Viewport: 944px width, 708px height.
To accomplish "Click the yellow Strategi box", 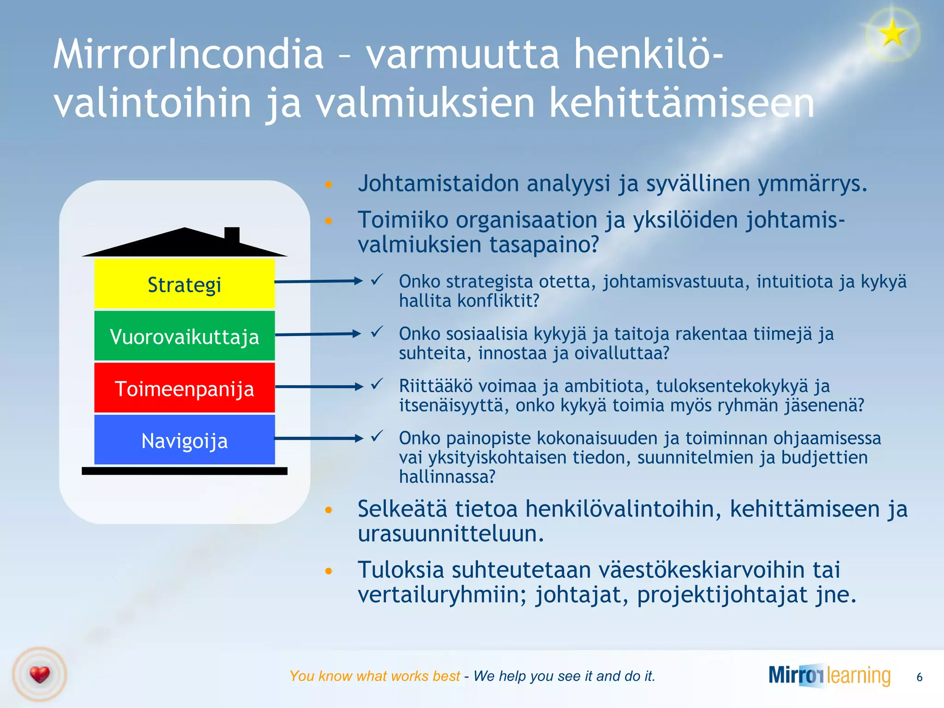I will point(184,283).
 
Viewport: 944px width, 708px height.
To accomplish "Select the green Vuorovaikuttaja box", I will point(184,336).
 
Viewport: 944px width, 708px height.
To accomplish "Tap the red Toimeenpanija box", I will point(184,388).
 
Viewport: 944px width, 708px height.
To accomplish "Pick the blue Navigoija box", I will point(184,440).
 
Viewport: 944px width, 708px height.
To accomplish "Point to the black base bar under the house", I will point(184,471).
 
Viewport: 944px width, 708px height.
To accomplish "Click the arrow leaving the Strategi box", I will point(318,281).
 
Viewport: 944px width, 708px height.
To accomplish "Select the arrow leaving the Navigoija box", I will point(318,438).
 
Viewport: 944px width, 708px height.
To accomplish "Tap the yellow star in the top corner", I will point(892,33).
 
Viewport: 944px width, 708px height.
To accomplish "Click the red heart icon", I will point(40,675).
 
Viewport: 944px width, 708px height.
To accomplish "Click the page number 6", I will point(919,677).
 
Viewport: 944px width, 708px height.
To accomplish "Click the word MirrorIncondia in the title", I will point(188,54).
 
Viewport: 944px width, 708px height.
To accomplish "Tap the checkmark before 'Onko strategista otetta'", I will point(377,279).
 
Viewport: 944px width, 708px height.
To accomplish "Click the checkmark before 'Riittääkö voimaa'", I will point(377,383).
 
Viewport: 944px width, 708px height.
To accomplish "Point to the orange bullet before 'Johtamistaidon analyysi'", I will point(328,184).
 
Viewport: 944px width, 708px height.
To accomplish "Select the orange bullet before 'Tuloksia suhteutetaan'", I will point(328,571).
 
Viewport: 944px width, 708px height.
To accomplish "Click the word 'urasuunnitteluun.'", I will point(451,534).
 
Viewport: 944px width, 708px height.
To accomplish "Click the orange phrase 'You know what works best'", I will point(374,676).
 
